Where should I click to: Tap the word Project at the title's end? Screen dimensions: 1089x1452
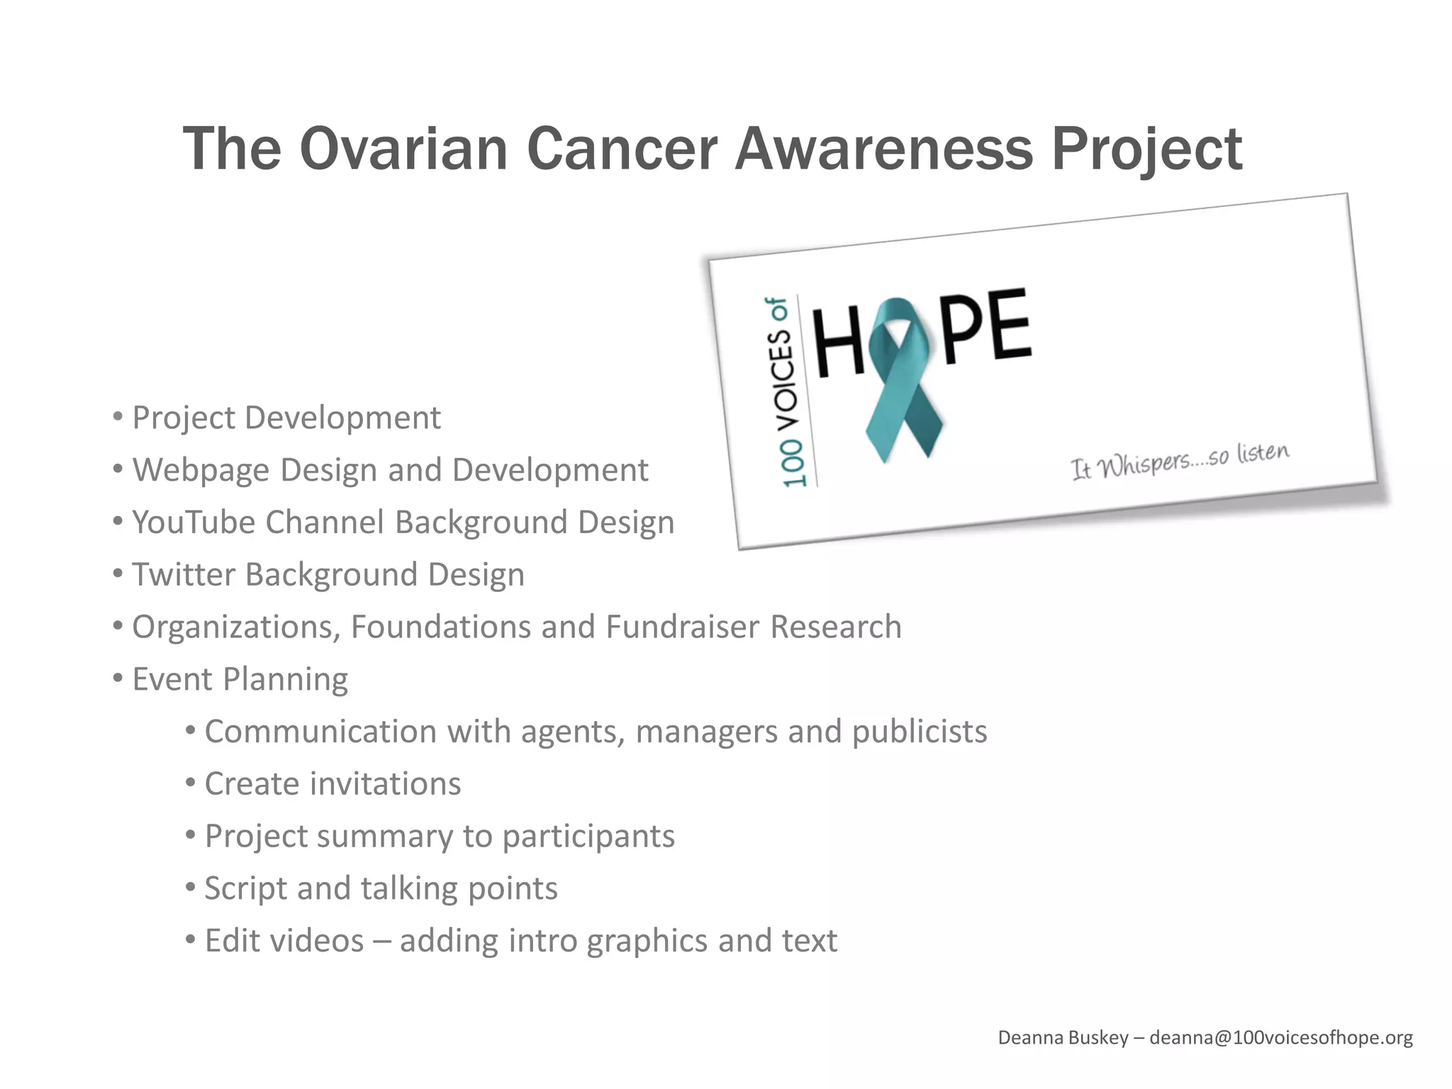point(1146,150)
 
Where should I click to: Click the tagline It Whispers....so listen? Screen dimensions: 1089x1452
point(1178,461)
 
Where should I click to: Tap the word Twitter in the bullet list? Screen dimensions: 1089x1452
point(182,575)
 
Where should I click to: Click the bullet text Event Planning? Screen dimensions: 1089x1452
point(240,679)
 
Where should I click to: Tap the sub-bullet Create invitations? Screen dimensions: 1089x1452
point(332,784)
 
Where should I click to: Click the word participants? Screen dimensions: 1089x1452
point(588,837)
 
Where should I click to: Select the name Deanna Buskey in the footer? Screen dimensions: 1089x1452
point(1062,1038)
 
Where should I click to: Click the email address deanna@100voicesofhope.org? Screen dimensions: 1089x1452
point(1280,1038)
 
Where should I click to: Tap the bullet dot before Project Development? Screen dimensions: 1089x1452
point(118,417)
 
